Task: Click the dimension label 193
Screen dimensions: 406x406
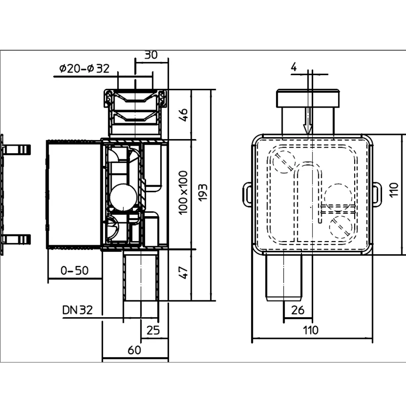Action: [203, 192]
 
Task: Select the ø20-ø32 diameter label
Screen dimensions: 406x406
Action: [84, 69]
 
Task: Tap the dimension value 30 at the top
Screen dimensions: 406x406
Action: [151, 55]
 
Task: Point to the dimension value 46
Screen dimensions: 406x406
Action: [183, 115]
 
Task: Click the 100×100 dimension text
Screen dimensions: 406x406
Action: [183, 193]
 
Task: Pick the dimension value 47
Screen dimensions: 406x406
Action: [183, 273]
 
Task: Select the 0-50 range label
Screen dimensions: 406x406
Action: [75, 270]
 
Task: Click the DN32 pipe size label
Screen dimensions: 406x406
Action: [78, 310]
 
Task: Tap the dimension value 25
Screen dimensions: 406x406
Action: [153, 330]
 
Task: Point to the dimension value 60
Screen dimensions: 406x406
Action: [134, 350]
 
